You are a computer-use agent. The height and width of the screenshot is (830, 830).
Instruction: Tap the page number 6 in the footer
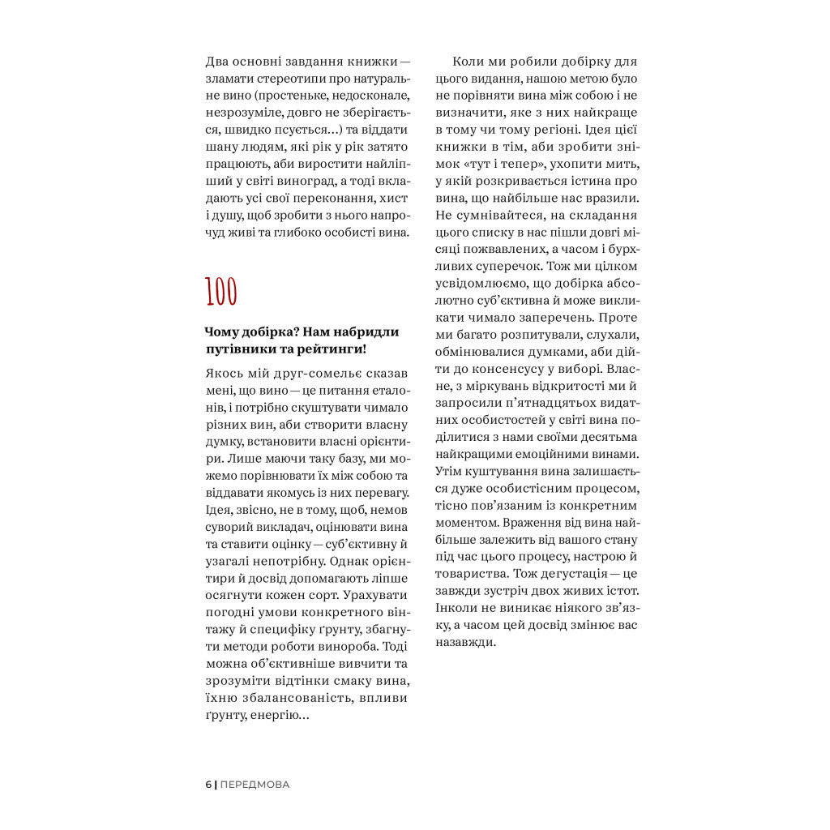click(208, 784)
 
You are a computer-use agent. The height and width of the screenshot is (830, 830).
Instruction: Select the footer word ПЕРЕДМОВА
click(255, 784)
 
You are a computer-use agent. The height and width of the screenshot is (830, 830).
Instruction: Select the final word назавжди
click(466, 640)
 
